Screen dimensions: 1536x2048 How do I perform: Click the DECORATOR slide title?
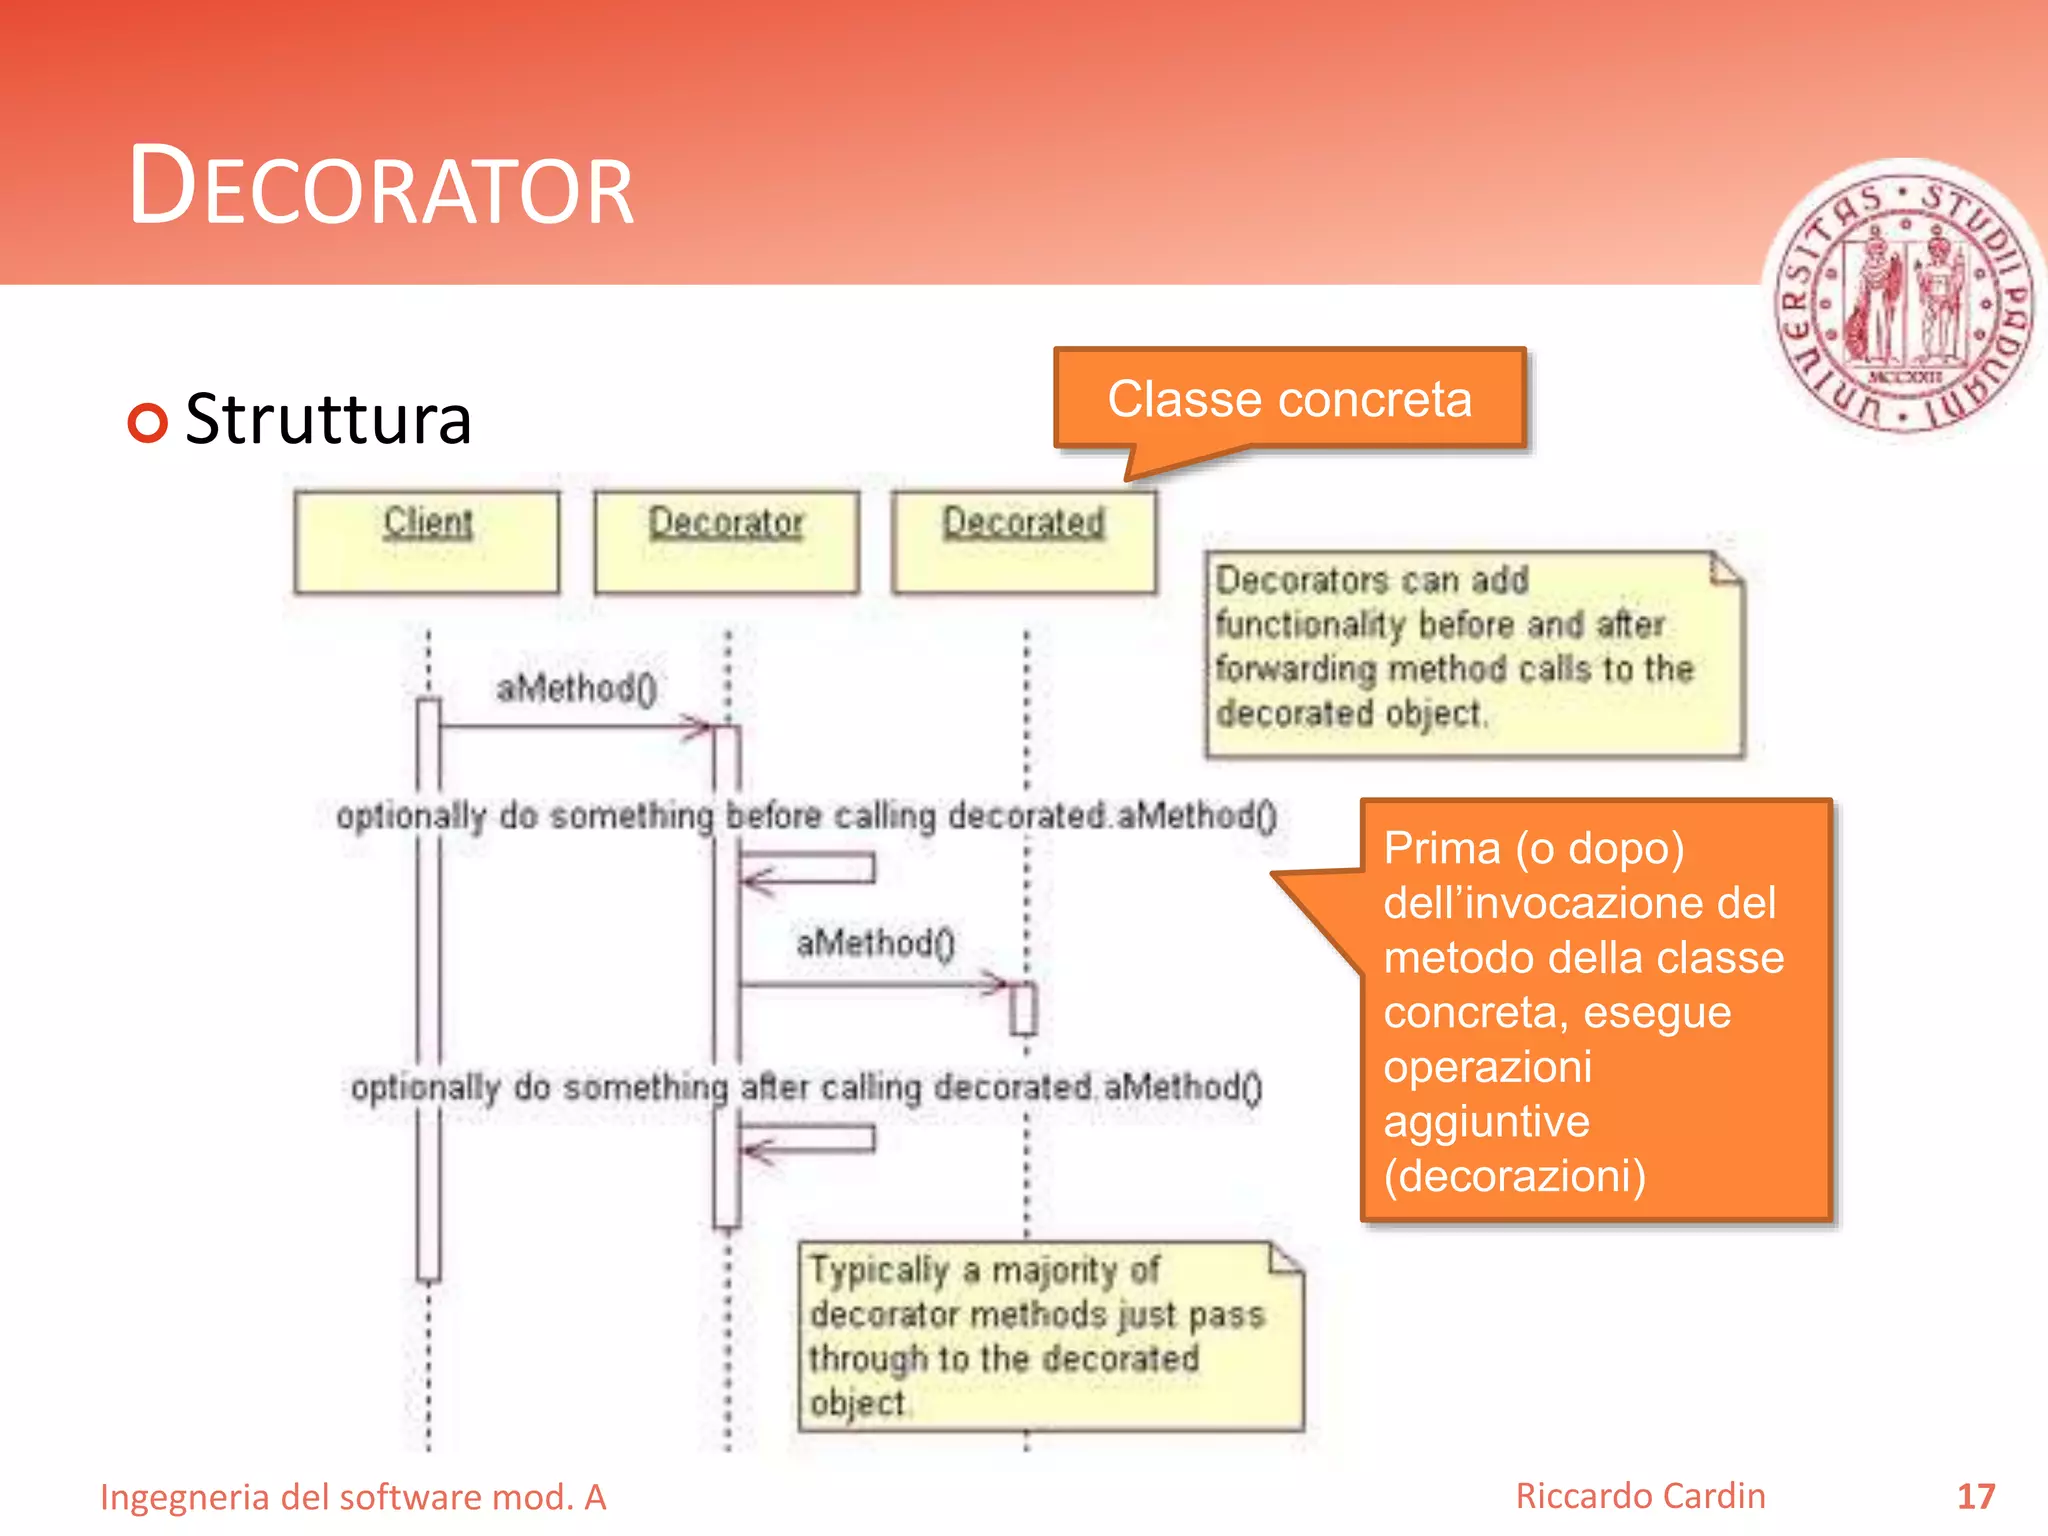point(381,188)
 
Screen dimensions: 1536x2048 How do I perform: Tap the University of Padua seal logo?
point(1906,300)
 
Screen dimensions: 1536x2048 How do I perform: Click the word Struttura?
point(328,419)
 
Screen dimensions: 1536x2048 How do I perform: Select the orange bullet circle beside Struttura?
point(148,422)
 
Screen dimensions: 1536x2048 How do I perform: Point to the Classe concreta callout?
point(1289,399)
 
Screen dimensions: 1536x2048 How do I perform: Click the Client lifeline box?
point(427,541)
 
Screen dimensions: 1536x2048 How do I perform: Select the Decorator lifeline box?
point(726,541)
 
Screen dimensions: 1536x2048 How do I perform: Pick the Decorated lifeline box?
point(1024,541)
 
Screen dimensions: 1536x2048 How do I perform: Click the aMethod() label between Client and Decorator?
point(577,688)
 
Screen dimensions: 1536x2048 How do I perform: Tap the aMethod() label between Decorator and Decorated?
point(876,942)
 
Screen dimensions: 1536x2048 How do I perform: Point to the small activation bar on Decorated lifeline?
point(1023,1008)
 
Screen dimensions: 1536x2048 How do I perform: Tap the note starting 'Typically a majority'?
point(1050,1336)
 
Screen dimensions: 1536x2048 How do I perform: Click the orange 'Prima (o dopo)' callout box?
point(1596,1010)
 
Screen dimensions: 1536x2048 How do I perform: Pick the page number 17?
point(1975,1496)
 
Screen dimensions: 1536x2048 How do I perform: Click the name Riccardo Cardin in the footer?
point(1640,1496)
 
